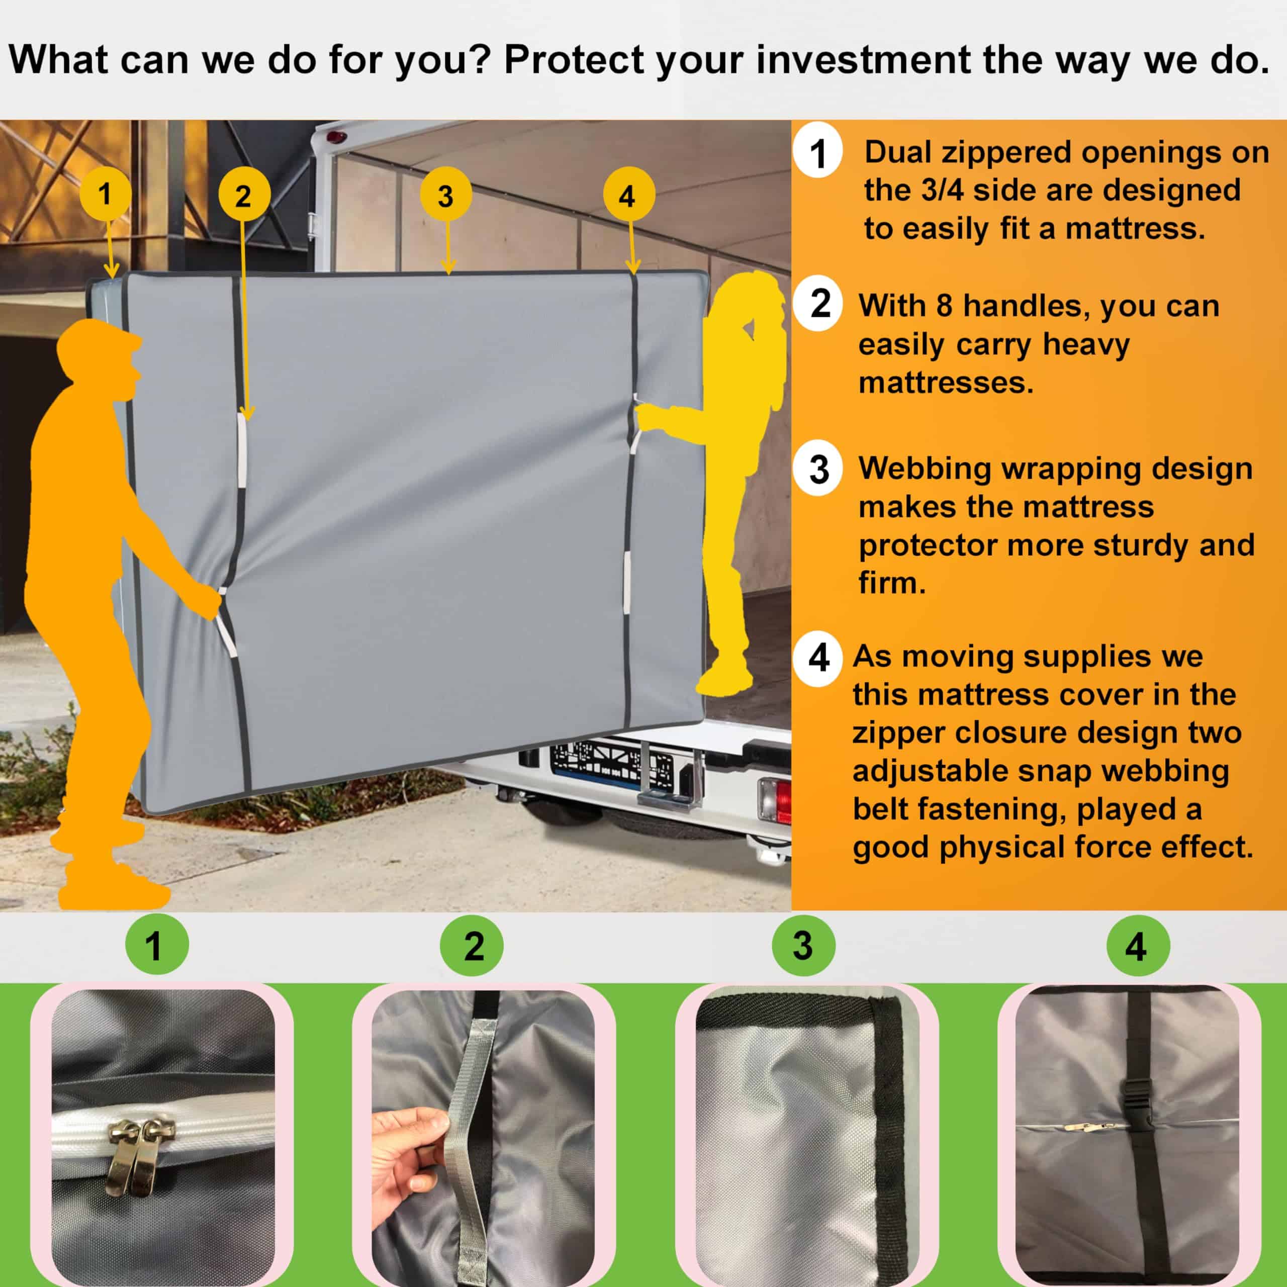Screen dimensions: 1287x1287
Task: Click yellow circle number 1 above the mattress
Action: (x=105, y=194)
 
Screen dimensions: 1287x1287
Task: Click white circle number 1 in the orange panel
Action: (x=818, y=154)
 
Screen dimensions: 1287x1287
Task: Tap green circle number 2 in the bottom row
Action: (x=474, y=945)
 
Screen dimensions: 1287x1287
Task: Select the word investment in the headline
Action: (x=863, y=59)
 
